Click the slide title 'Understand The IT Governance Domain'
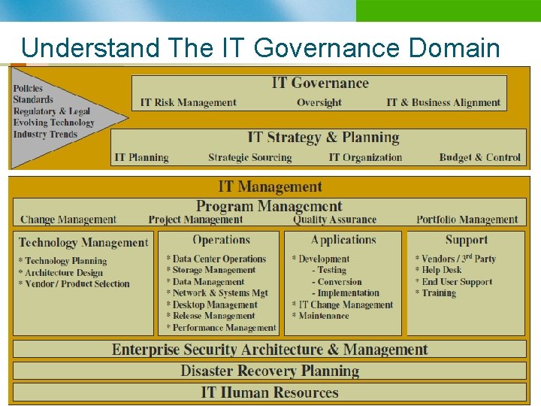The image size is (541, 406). click(x=260, y=48)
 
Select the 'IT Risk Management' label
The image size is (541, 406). click(x=188, y=102)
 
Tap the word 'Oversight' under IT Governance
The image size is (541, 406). click(x=319, y=102)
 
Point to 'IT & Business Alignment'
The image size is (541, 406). click(x=443, y=102)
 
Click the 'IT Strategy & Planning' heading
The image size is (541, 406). click(x=323, y=138)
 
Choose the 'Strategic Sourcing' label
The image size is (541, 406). click(x=249, y=157)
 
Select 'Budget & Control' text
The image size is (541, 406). click(x=479, y=157)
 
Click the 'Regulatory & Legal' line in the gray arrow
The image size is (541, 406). click(x=51, y=111)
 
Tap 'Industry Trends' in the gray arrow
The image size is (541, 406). click(x=45, y=135)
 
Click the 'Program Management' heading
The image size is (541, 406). click(x=269, y=206)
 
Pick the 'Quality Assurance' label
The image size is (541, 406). click(x=334, y=220)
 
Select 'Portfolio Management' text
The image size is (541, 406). click(x=467, y=220)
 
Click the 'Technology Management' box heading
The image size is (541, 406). click(x=83, y=242)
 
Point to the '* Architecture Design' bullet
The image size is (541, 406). click(x=64, y=272)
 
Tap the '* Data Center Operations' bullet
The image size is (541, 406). click(x=216, y=259)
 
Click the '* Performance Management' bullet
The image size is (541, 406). click(x=222, y=328)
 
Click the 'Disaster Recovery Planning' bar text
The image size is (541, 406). click(x=270, y=371)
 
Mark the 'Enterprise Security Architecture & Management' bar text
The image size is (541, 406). click(x=270, y=350)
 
